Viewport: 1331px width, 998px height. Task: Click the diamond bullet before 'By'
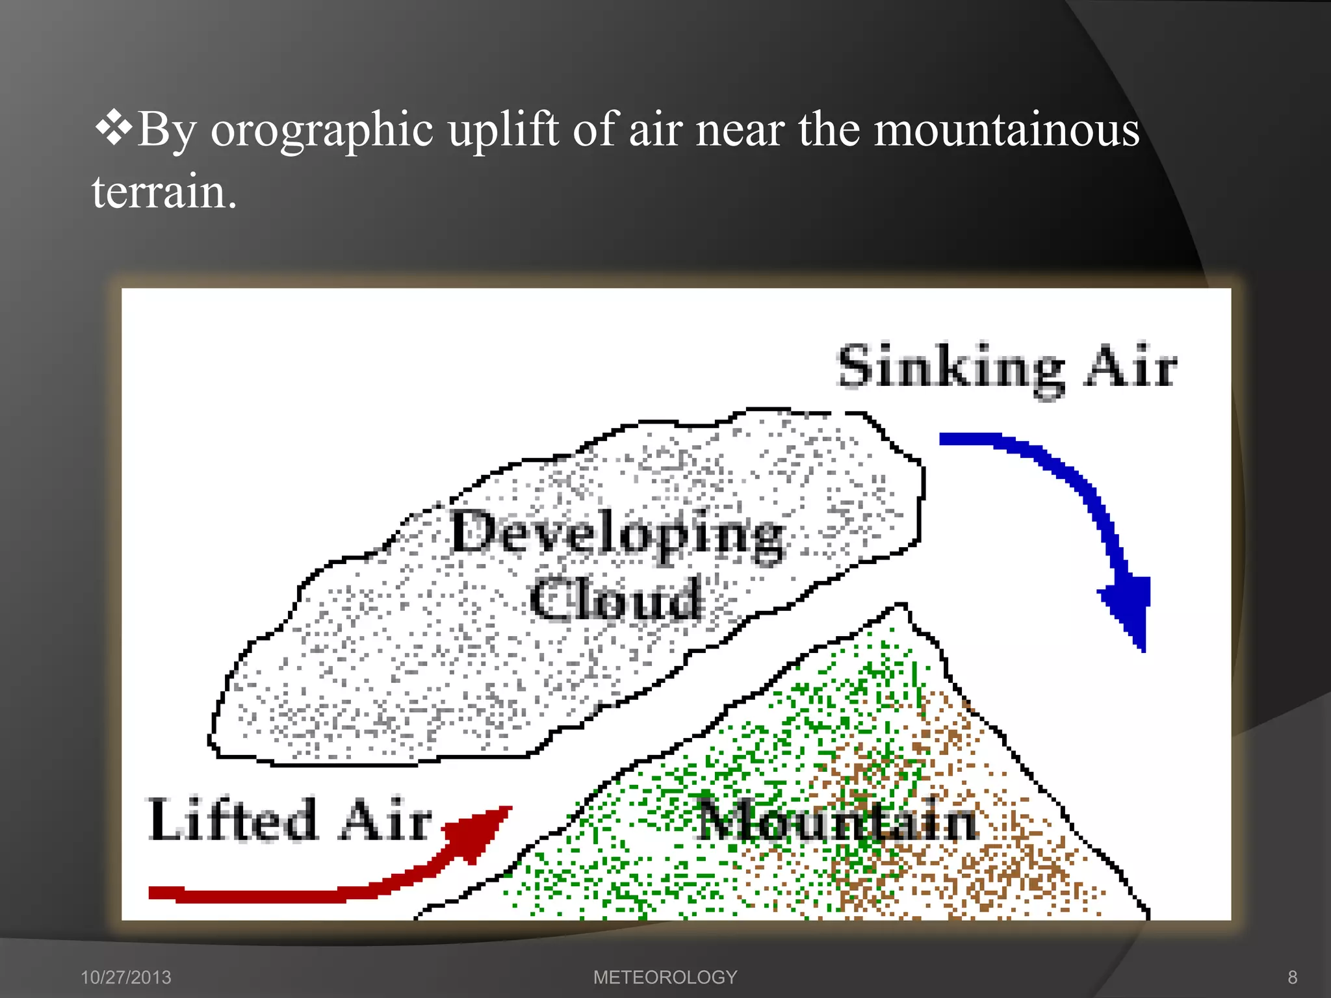[114, 127]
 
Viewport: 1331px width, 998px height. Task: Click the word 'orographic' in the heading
[322, 131]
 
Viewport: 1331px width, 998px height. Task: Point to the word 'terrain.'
[164, 192]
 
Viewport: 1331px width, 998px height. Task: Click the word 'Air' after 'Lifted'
[386, 820]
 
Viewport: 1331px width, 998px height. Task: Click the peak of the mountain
[901, 607]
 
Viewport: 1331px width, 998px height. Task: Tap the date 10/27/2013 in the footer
[125, 977]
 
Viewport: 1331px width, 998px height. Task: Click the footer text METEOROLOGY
[665, 977]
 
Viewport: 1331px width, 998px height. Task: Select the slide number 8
[1292, 977]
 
